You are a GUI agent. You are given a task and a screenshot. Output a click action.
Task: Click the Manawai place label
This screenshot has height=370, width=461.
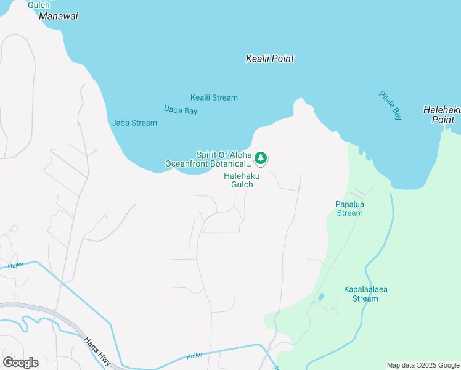pos(59,16)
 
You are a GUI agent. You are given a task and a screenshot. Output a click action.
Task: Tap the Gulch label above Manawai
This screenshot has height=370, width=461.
pos(38,5)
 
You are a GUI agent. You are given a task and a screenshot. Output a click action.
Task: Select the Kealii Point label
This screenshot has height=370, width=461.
pos(269,59)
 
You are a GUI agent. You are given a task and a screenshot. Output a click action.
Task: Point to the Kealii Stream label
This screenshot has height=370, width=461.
pos(214,97)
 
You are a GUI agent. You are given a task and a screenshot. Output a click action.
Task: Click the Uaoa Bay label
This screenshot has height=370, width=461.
pos(181,110)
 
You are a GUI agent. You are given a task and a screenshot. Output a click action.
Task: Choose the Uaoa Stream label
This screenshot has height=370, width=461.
pos(133,123)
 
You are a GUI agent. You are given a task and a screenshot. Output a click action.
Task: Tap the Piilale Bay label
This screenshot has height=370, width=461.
pos(390,105)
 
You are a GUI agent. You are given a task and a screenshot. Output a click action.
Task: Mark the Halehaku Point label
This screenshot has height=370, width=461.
pos(443,115)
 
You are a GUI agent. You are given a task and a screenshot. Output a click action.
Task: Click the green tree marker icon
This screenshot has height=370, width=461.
pos(261,158)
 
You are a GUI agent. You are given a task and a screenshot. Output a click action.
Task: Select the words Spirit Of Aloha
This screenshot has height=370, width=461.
pos(224,155)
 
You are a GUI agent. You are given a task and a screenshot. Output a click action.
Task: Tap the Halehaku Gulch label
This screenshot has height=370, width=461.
pos(242,180)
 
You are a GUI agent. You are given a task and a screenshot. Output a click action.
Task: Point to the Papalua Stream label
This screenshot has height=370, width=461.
pos(349,208)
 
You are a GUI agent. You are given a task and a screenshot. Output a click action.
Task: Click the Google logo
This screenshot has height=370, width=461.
pos(20,362)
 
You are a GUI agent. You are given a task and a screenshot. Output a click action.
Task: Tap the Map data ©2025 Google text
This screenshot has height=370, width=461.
pos(422,365)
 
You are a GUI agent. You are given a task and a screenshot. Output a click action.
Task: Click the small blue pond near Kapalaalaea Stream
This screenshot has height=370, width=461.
pos(320,297)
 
